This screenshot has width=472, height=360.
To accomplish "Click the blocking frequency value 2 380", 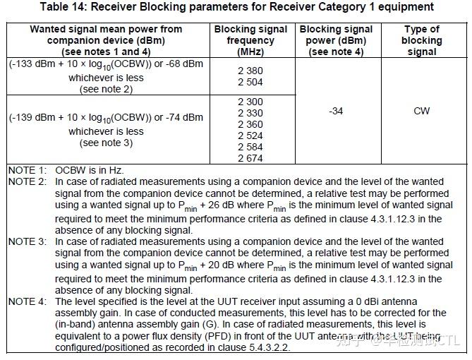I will click(x=250, y=71).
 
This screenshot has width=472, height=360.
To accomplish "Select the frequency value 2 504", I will click(x=250, y=82).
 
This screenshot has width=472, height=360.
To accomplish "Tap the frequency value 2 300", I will click(x=250, y=102).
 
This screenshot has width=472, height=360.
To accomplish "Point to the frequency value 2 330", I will click(x=250, y=114).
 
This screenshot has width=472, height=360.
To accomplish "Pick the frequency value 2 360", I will click(x=250, y=125).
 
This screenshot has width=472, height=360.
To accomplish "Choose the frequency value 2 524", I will click(x=250, y=136).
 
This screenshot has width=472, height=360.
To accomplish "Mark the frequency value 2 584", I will click(x=250, y=148).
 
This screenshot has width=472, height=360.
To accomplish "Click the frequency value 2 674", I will click(x=250, y=159).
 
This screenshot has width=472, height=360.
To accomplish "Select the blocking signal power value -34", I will click(x=336, y=111).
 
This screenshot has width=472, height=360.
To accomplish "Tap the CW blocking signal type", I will click(x=421, y=111).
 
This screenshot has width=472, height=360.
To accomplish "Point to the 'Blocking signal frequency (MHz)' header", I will click(x=250, y=40).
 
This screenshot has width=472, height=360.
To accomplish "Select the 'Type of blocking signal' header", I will click(x=421, y=40).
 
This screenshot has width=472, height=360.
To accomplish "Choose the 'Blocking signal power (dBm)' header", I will click(x=336, y=40).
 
